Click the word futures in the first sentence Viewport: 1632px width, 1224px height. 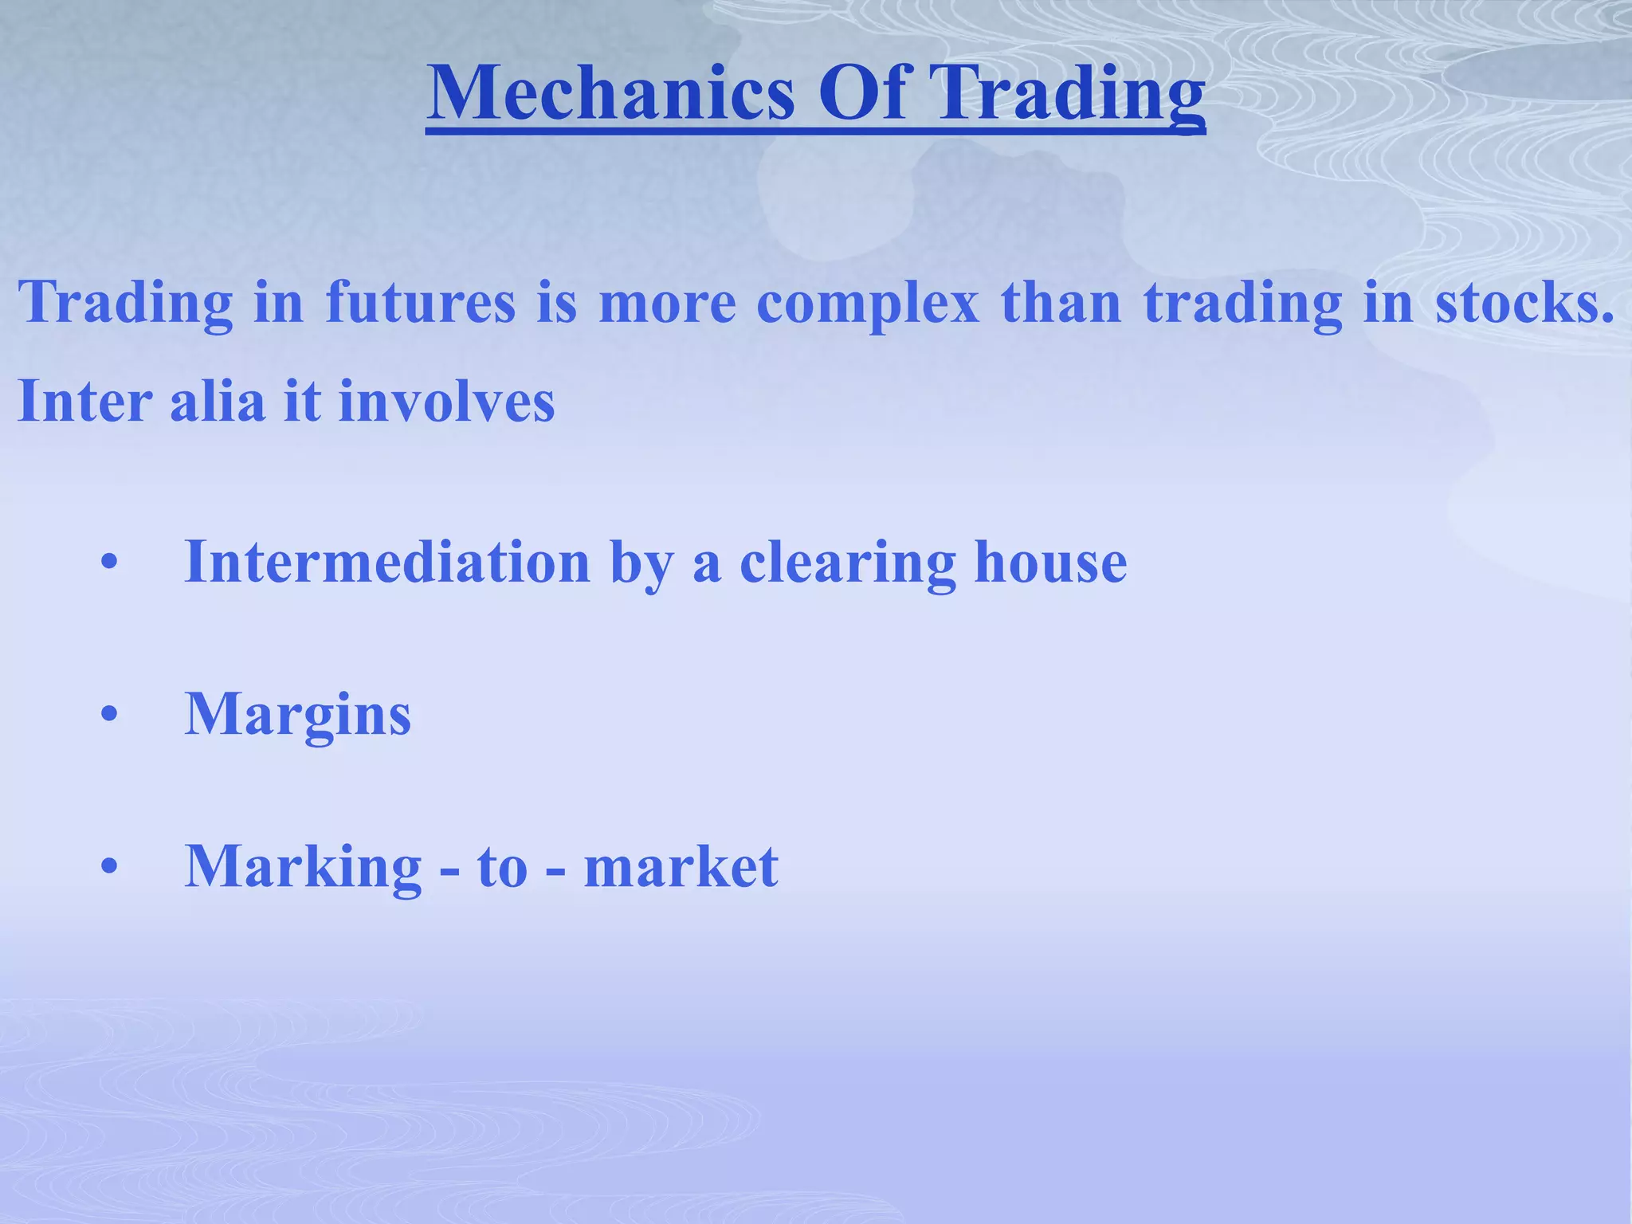(x=421, y=303)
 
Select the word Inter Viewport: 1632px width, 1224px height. (x=84, y=400)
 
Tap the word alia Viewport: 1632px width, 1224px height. (x=217, y=400)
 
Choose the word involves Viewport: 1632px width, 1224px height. (x=446, y=400)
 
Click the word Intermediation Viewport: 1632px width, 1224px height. (x=387, y=563)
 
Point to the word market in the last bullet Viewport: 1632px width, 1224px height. (x=681, y=867)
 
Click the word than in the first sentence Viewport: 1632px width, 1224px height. (x=1061, y=303)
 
